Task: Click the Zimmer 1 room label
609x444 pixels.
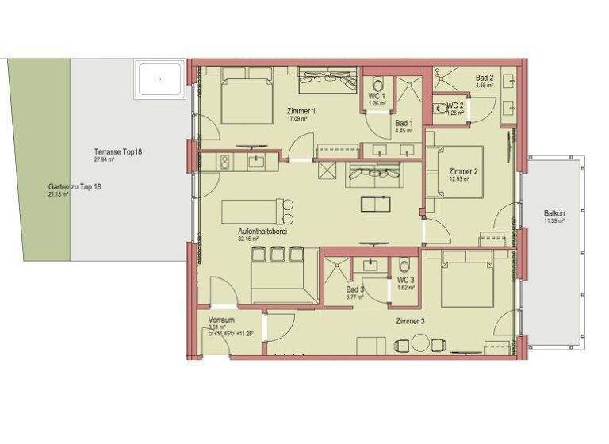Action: point(301,111)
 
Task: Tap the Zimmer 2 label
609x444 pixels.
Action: point(463,171)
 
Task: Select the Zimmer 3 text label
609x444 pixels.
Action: point(411,320)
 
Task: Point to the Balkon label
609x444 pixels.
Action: point(554,213)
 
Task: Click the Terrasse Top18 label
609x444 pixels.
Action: point(117,151)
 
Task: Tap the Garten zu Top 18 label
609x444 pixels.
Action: point(75,186)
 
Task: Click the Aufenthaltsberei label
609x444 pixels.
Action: point(262,232)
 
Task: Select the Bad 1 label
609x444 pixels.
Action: point(404,123)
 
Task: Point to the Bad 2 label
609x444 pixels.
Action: point(485,78)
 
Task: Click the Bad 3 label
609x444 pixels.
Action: point(355,290)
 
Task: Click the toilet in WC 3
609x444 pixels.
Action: point(404,267)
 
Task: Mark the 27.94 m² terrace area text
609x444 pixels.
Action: point(105,159)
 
